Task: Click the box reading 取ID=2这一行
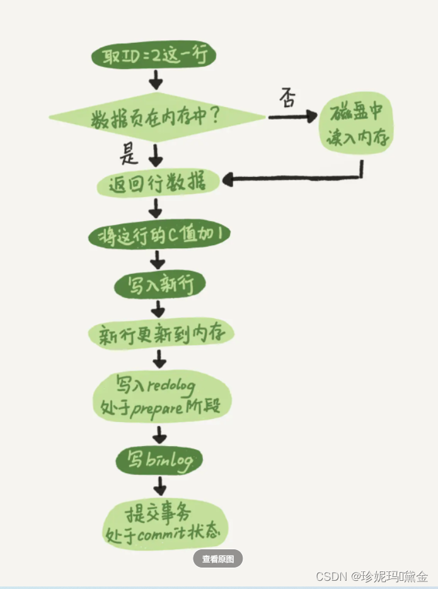click(x=154, y=56)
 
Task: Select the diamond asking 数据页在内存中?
click(x=156, y=117)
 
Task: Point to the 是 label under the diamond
click(x=130, y=153)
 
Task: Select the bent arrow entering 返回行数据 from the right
click(x=296, y=180)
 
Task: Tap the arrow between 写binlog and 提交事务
click(x=159, y=486)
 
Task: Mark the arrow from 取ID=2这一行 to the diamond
click(x=155, y=79)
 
